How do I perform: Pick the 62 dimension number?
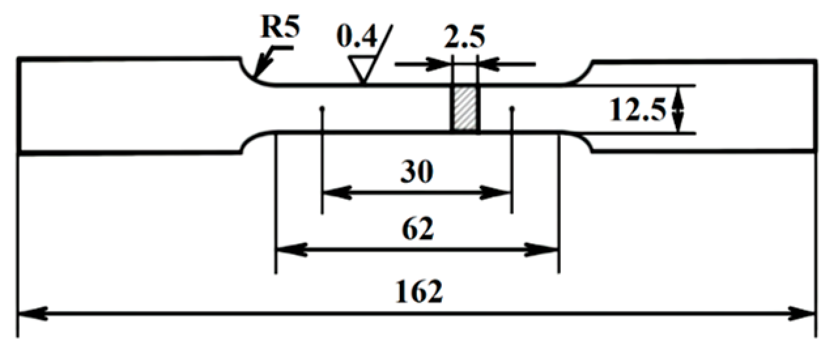click(418, 229)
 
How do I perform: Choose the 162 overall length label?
click(418, 292)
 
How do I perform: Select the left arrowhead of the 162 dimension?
click(26, 314)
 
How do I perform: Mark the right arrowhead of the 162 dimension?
click(807, 314)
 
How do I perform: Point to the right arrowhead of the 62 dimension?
click(550, 249)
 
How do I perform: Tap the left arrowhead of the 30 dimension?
click(331, 193)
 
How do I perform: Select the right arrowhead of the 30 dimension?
click(502, 193)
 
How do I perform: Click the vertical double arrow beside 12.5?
click(679, 110)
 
